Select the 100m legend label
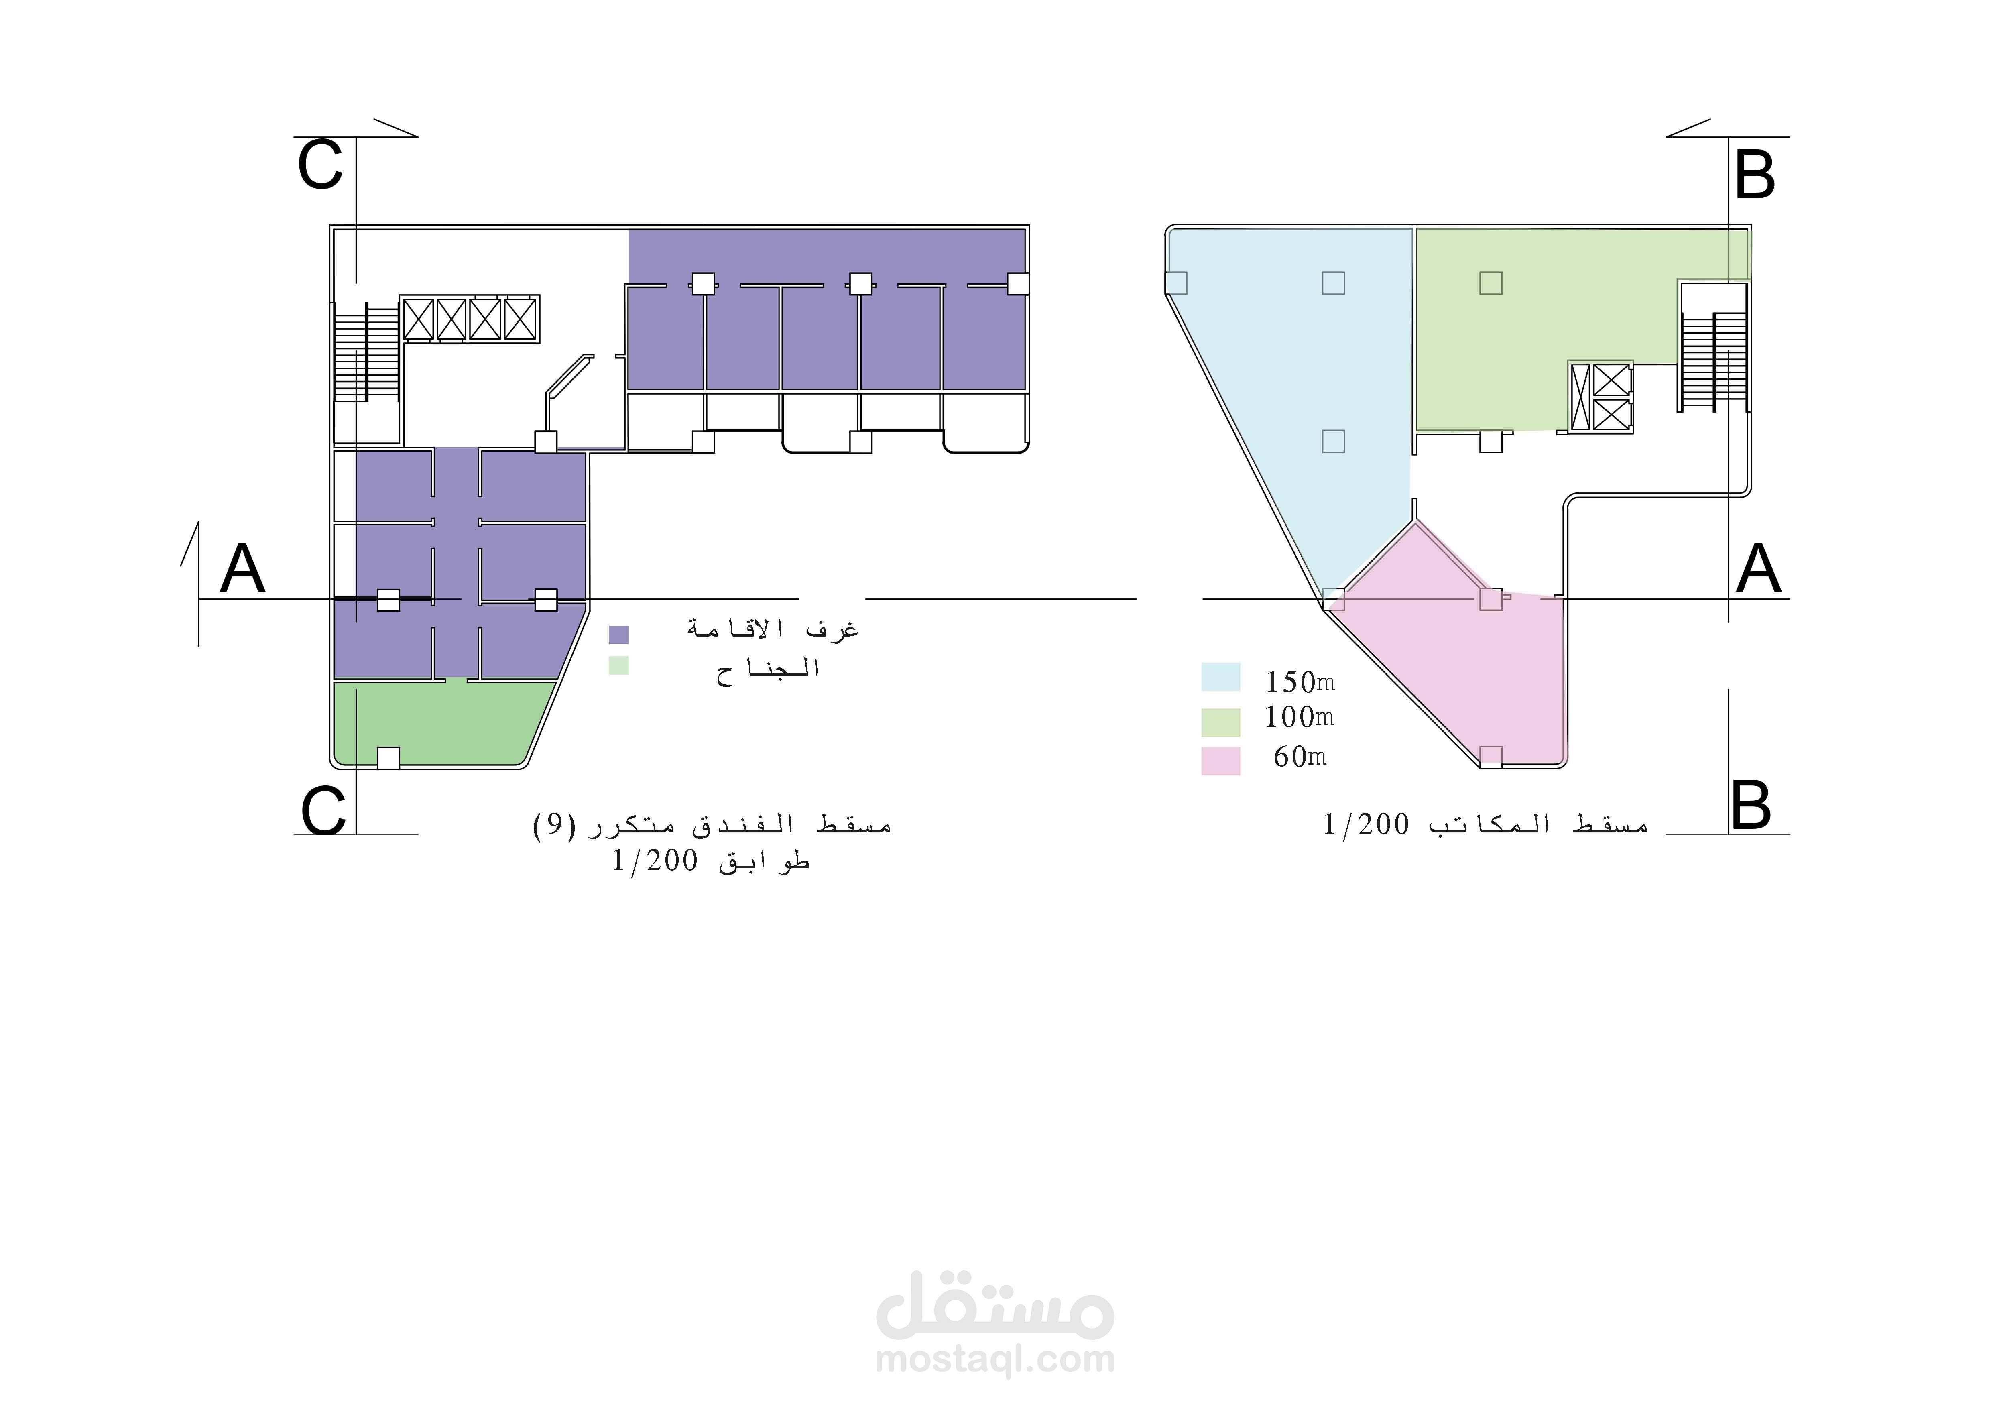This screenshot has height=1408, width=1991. [1299, 717]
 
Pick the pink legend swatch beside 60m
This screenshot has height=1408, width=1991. [1220, 760]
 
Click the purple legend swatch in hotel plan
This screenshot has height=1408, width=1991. [618, 635]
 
